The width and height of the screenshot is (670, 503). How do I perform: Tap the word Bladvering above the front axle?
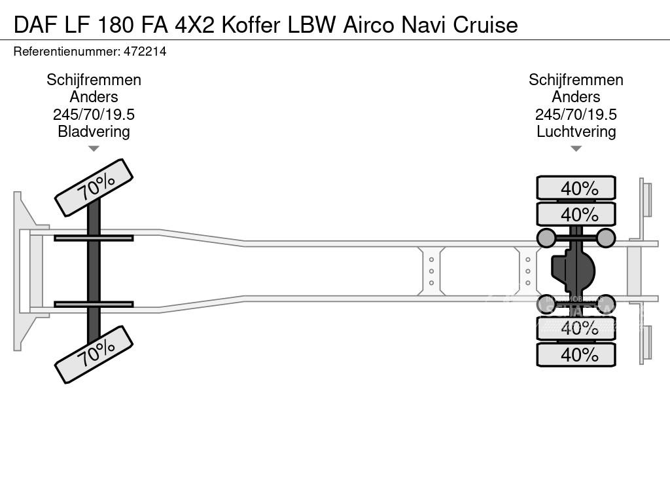coord(94,132)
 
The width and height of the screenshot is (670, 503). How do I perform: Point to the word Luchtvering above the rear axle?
coord(576,132)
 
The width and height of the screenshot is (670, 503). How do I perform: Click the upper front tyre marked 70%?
coord(94,187)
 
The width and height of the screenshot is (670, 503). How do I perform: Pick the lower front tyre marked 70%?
coord(94,354)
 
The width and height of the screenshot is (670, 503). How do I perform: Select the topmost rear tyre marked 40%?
coord(576,188)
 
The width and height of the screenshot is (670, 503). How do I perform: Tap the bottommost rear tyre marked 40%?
coord(576,355)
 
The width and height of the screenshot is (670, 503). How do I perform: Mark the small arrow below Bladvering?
coord(94,149)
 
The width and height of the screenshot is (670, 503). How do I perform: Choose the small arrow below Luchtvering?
coord(576,149)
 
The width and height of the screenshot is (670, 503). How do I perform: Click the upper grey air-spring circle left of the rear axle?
coord(546,238)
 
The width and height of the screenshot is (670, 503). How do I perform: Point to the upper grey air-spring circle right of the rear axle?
coord(606,238)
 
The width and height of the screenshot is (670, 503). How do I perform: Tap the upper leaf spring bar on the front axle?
coord(94,238)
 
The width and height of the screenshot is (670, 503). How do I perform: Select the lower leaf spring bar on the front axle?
coord(94,304)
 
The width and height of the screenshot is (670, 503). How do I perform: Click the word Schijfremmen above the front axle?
coord(94,80)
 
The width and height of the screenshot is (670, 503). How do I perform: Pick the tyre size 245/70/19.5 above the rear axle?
coord(576,115)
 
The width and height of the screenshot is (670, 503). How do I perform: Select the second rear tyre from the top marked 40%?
coord(576,214)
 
